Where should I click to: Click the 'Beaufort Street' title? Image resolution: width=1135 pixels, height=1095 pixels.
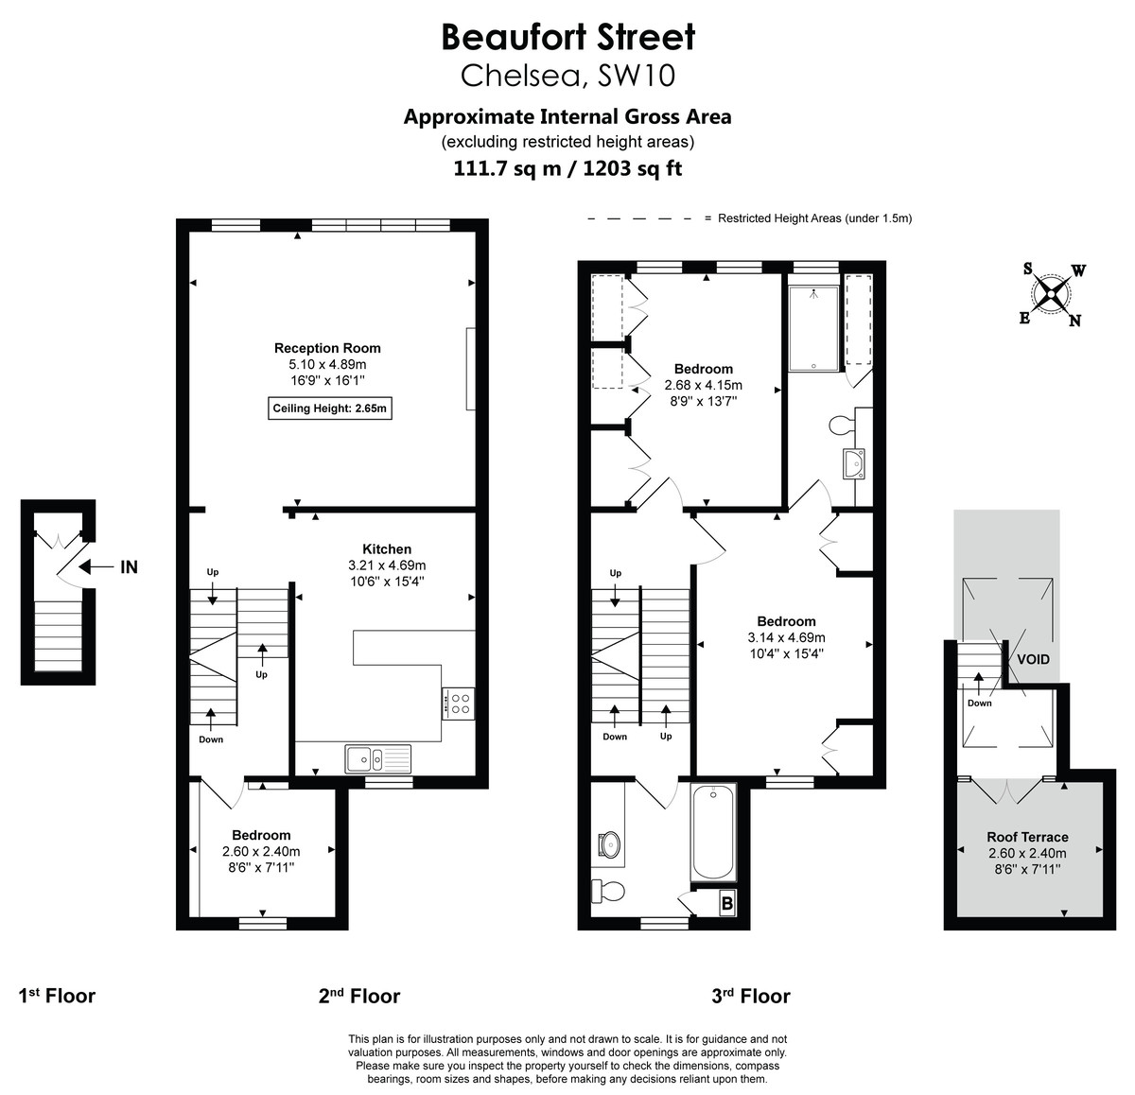point(568,37)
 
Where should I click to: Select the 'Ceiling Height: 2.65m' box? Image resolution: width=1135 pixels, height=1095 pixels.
point(330,408)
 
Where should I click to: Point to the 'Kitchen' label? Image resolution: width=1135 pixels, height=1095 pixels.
point(387,548)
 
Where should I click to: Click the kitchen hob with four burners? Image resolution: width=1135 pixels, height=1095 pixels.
point(459,703)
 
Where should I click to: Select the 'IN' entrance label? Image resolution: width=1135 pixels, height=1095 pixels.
point(129,567)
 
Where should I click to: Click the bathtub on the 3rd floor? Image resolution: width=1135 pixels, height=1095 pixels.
point(712,833)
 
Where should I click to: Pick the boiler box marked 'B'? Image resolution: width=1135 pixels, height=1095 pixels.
point(727,903)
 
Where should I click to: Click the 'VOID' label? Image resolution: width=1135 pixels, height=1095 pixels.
point(1033,659)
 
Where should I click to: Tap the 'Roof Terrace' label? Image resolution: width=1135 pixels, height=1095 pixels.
point(1027,837)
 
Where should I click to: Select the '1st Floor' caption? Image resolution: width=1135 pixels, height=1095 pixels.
point(58,996)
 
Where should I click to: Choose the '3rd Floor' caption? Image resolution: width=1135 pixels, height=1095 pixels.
point(751,996)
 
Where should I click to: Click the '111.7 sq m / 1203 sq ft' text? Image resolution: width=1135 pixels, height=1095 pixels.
point(568,169)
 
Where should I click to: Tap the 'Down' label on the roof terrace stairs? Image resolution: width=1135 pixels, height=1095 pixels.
point(979,703)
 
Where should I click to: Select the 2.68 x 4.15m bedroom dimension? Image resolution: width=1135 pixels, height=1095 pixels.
point(703,385)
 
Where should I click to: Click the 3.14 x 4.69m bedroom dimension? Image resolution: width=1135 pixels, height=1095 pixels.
point(786,637)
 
